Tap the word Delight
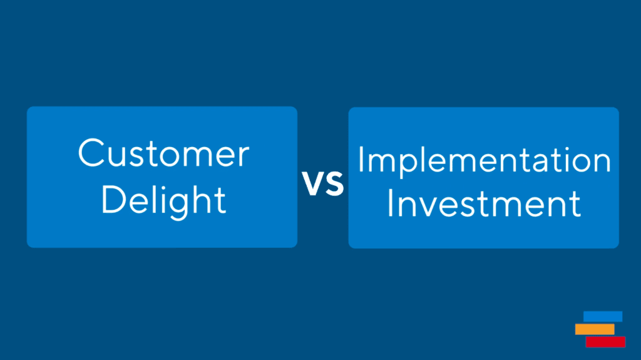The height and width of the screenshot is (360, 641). coord(163,200)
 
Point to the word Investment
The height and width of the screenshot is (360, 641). coord(484,203)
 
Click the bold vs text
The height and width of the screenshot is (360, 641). coord(323,183)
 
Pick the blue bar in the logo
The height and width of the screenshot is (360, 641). coord(603,317)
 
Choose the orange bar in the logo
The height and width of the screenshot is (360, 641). coord(595,329)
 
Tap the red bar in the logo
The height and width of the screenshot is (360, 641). coord(605,342)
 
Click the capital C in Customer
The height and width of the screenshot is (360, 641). coord(91,153)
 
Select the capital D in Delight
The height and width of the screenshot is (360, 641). coord(113,200)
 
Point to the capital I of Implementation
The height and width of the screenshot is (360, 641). coord(361,159)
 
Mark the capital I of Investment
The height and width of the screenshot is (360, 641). coord(390,203)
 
